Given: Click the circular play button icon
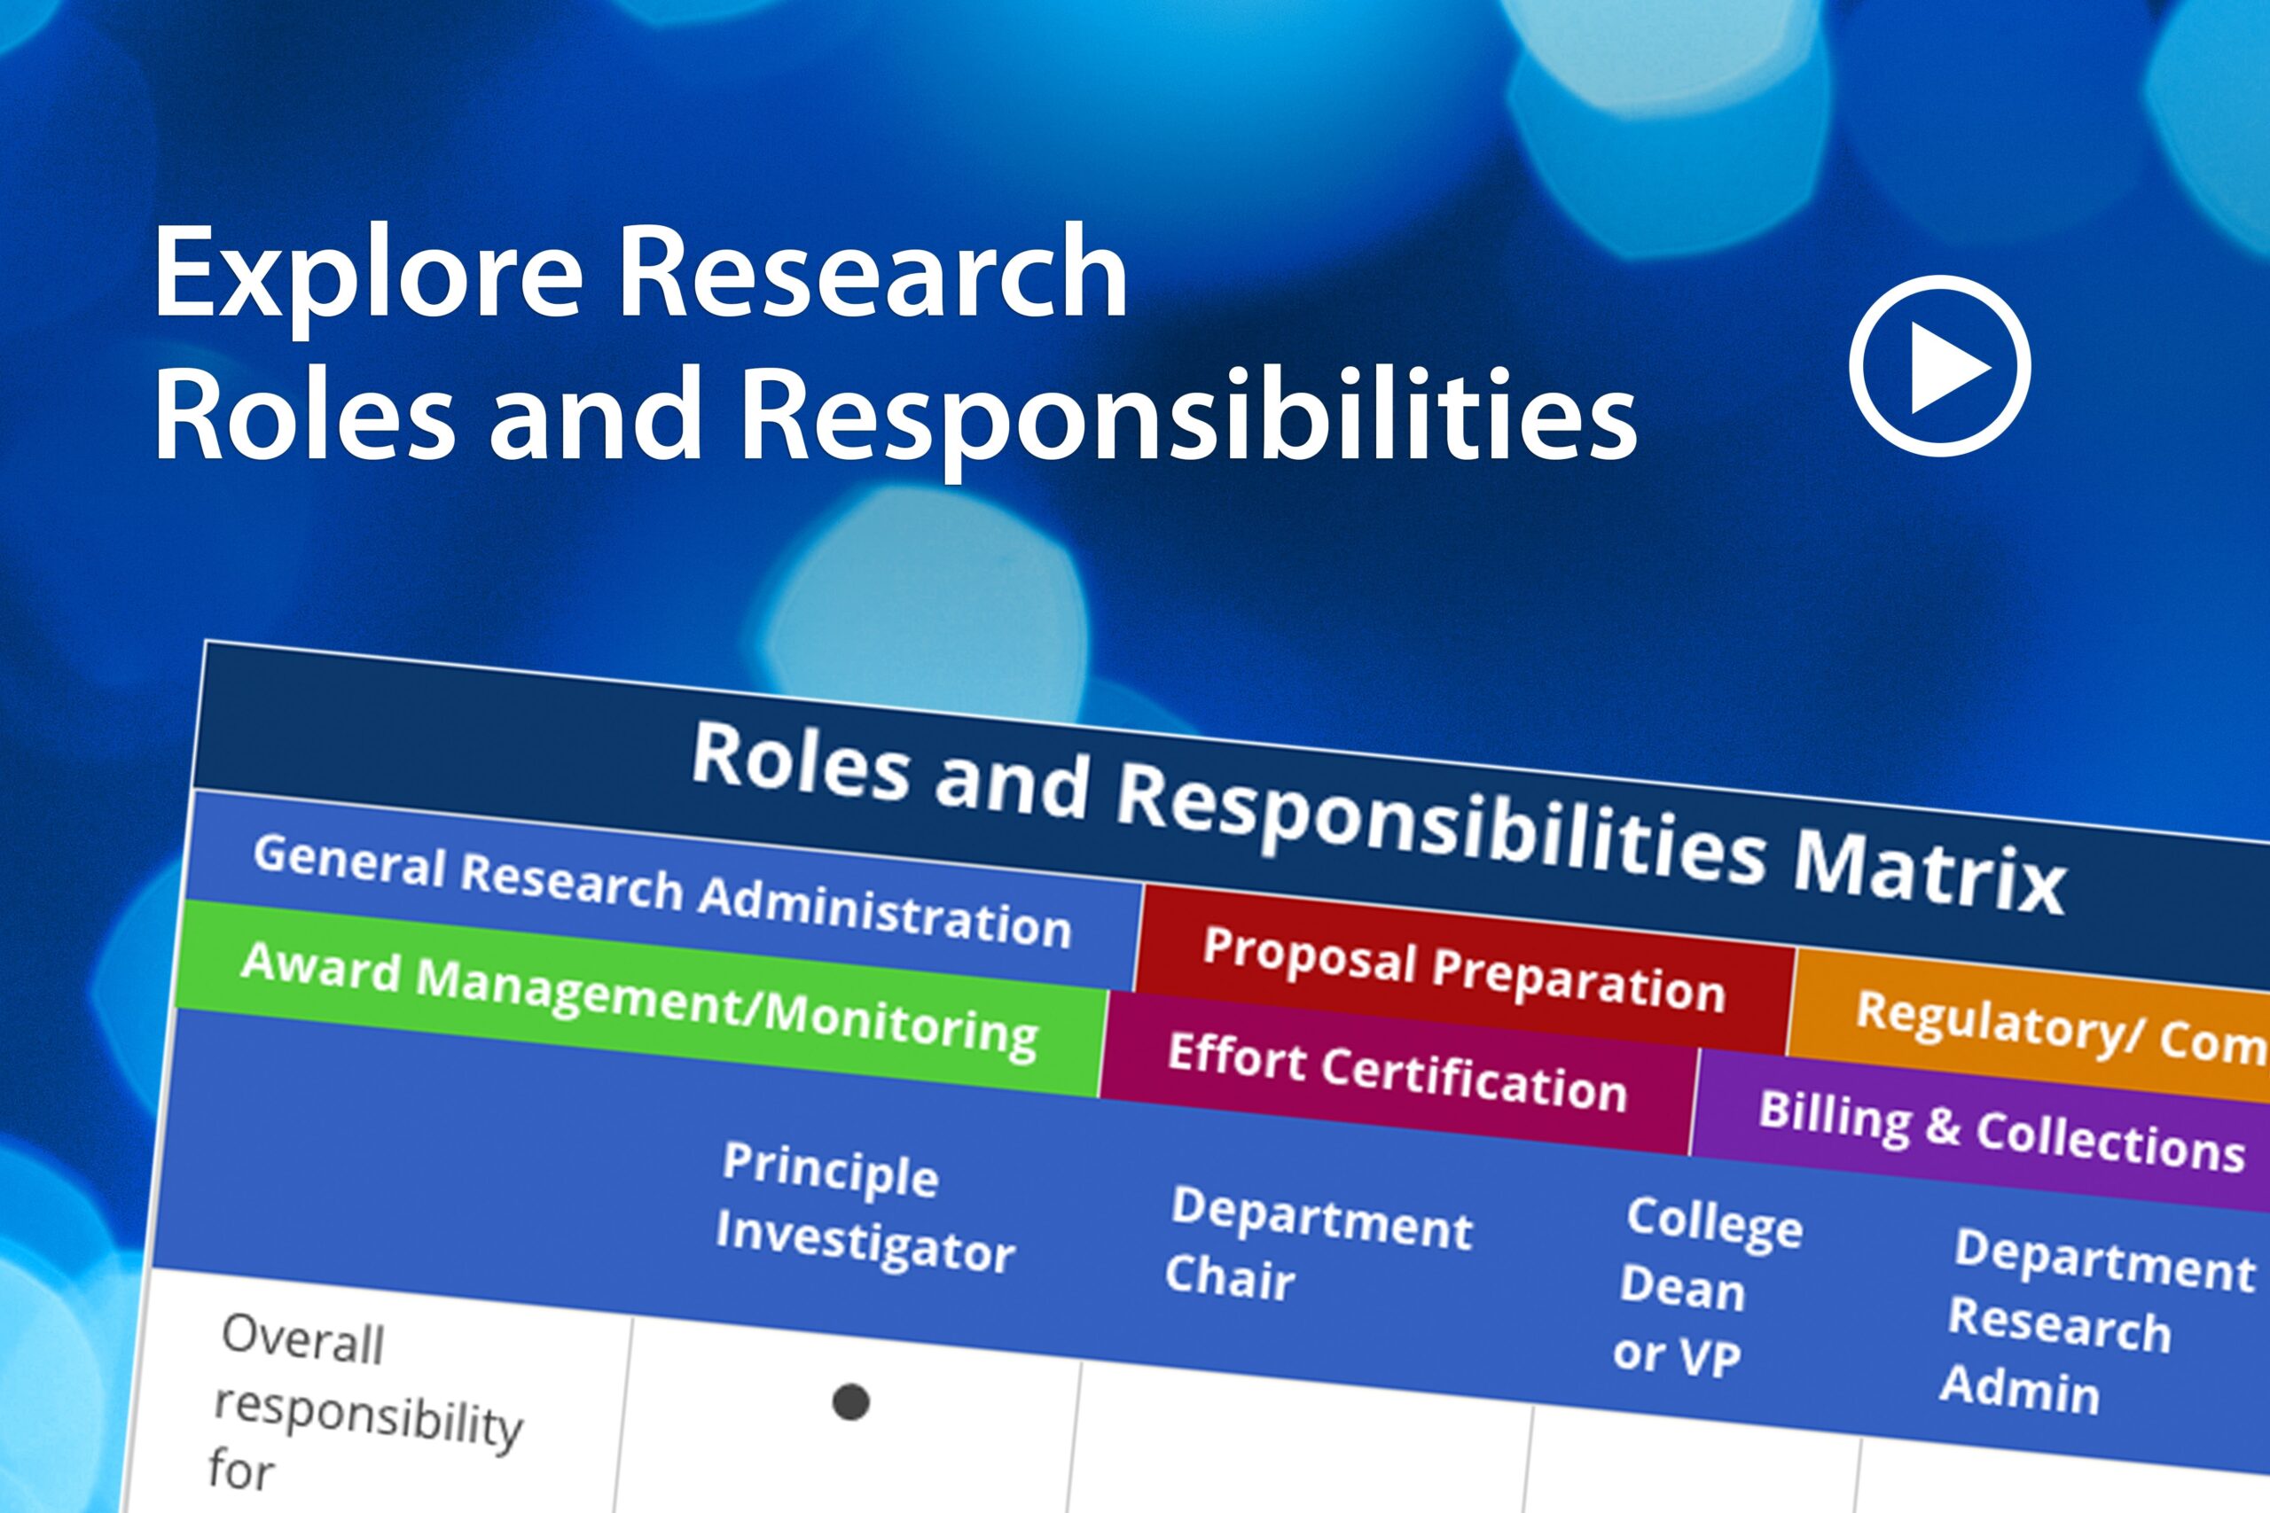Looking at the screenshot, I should click(x=1939, y=366).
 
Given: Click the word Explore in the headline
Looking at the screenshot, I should click(x=367, y=275).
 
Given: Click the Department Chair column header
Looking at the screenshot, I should click(x=1318, y=1244).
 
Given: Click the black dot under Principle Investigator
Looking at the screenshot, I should click(x=850, y=1401).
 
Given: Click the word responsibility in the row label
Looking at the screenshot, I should click(x=368, y=1415).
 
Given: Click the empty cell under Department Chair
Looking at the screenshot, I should click(x=1298, y=1447).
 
